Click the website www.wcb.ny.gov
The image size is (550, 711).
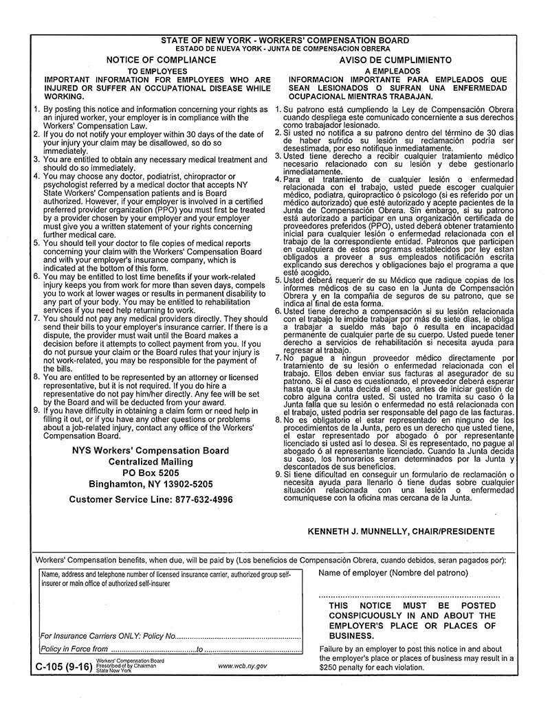[x=242, y=666]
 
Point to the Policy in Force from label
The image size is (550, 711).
[x=74, y=648]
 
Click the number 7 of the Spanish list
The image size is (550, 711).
[x=277, y=358]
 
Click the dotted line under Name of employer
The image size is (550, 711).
[x=410, y=596]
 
